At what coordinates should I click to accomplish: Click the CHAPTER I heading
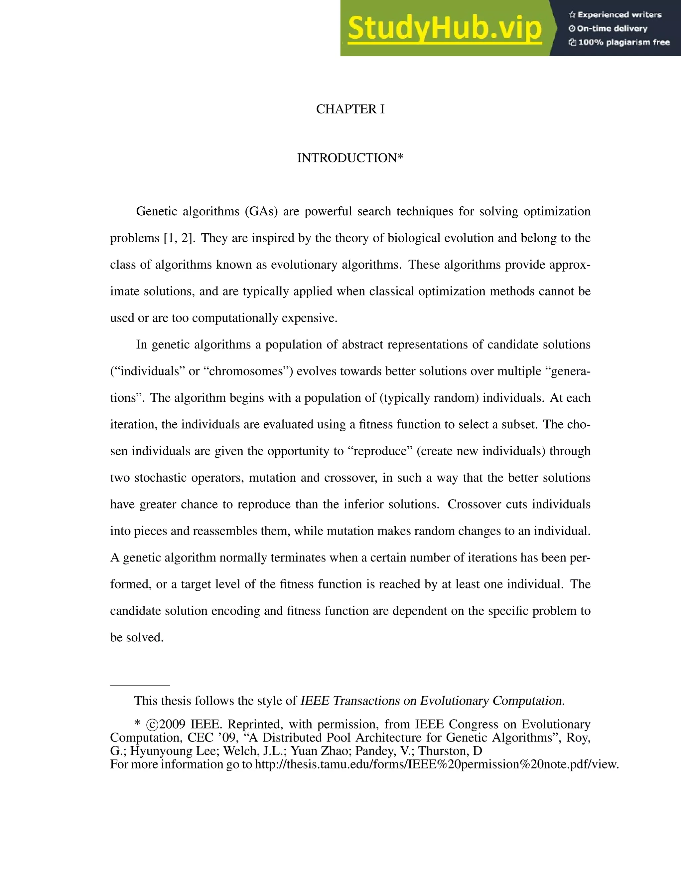[x=350, y=109]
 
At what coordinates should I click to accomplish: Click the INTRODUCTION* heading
[x=350, y=158]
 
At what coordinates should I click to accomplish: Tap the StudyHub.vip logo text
[x=444, y=28]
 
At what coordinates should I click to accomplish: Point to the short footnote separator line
[x=140, y=685]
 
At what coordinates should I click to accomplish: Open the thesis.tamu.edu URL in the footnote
[x=437, y=764]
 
